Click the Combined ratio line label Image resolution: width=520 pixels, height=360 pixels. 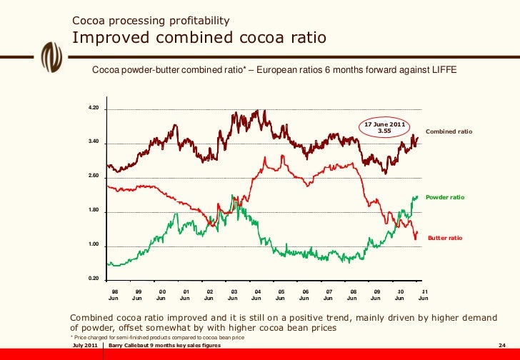coord(449,132)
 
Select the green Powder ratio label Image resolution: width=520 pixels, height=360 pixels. coord(445,196)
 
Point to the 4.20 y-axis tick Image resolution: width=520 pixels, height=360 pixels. coord(93,108)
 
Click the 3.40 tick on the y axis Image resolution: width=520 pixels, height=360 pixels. coord(93,142)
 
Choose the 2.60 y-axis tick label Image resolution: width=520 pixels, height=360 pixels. coord(93,176)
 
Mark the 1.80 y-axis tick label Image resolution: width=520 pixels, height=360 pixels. coord(93,211)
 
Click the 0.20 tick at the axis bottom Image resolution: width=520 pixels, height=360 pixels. coord(93,279)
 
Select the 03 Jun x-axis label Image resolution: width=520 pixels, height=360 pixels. coord(233,295)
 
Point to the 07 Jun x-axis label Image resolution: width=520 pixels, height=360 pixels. coord(328,295)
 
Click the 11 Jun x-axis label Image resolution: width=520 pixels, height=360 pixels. coord(423,295)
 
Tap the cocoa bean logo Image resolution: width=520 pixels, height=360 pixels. coord(51,54)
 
